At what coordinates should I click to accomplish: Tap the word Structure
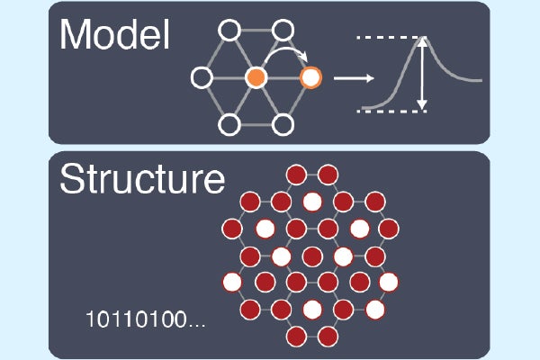(x=141, y=178)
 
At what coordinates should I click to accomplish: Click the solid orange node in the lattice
(x=256, y=77)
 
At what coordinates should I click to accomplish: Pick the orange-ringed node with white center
(x=311, y=77)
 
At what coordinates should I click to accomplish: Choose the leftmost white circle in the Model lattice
(x=202, y=77)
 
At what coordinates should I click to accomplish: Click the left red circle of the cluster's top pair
(x=295, y=173)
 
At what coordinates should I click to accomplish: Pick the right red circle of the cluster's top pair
(x=328, y=173)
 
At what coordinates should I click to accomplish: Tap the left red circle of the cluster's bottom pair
(x=295, y=337)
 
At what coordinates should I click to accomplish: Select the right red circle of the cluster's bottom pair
(x=328, y=337)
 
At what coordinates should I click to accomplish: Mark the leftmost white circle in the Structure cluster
(x=232, y=283)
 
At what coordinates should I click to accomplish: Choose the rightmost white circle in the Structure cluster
(x=389, y=283)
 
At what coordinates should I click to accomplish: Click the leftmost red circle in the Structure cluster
(x=232, y=227)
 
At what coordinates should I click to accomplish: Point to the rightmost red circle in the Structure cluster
(x=389, y=227)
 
